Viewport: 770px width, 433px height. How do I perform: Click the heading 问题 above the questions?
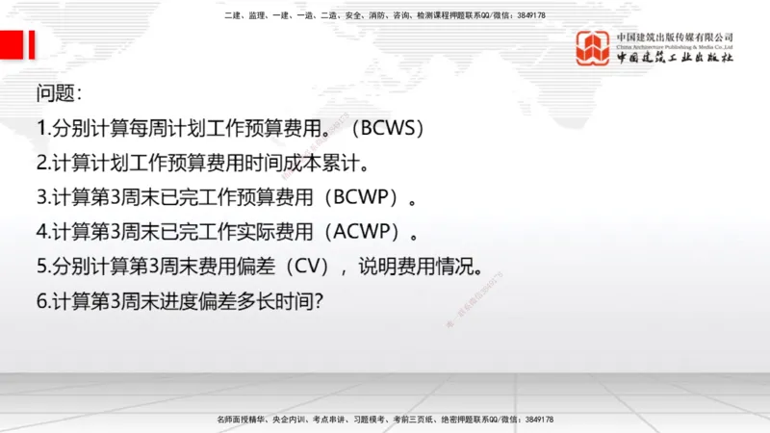(59, 94)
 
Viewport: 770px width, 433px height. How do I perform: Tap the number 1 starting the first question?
(41, 129)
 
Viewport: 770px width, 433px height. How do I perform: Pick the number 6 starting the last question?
(42, 301)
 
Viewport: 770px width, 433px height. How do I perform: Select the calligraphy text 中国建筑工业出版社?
(675, 58)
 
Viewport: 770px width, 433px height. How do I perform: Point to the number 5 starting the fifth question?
(42, 267)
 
